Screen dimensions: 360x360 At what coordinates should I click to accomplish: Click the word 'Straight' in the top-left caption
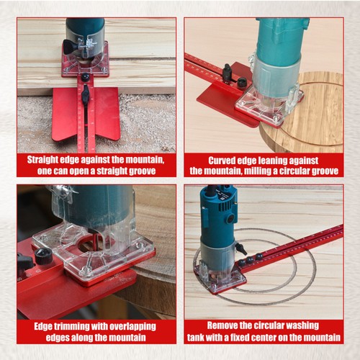click(45, 158)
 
